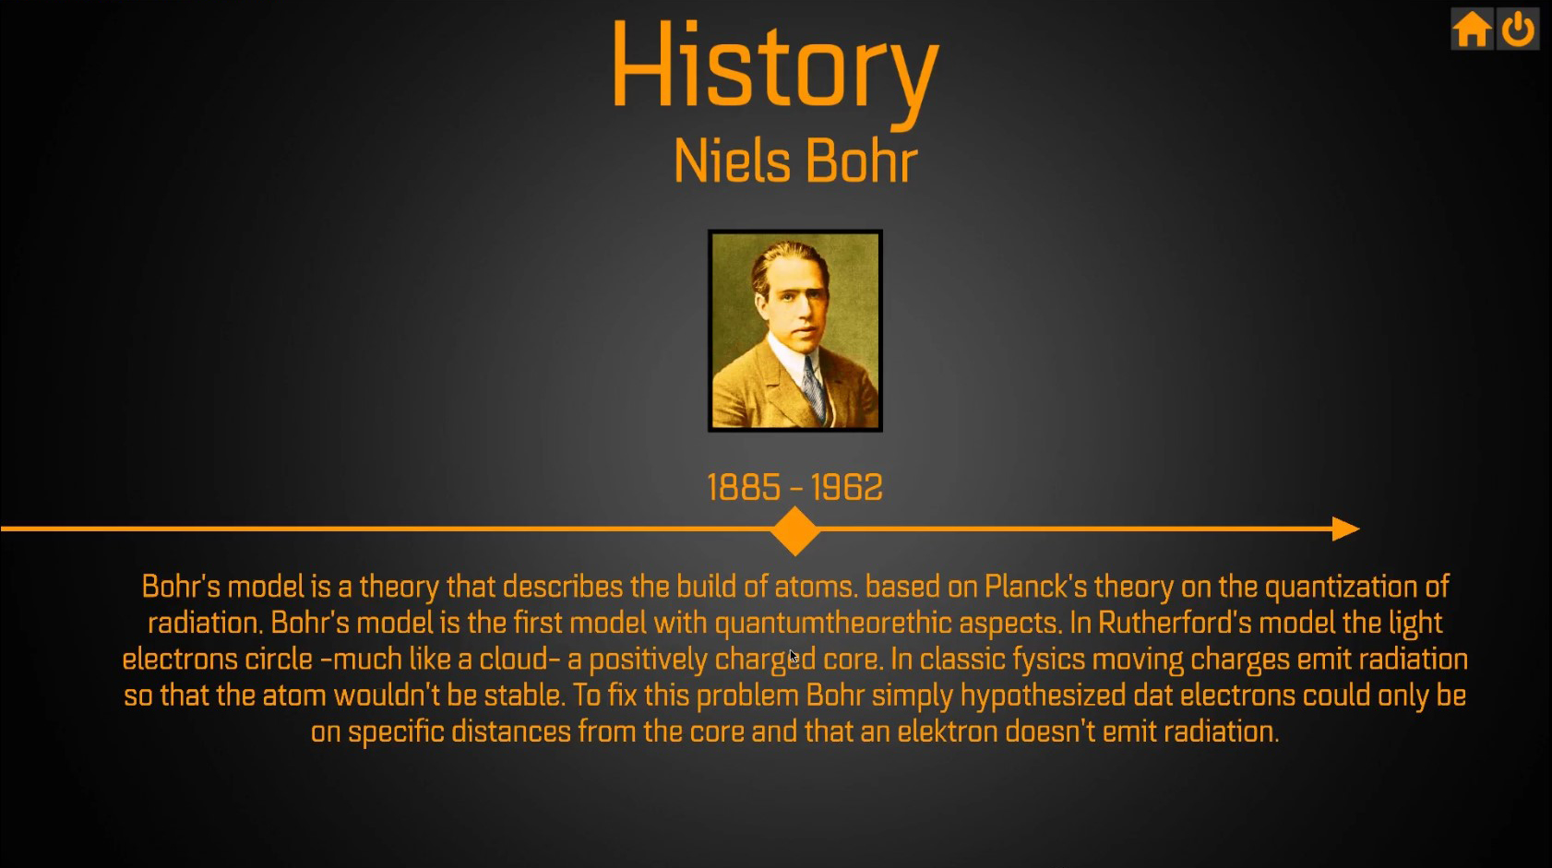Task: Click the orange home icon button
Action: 1472,30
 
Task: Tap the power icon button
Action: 1518,30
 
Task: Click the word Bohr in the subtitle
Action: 862,162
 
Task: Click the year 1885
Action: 744,488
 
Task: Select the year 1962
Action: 846,488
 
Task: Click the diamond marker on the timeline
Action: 795,530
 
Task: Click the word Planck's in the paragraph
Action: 1035,588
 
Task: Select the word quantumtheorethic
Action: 833,624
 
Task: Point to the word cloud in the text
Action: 513,660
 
